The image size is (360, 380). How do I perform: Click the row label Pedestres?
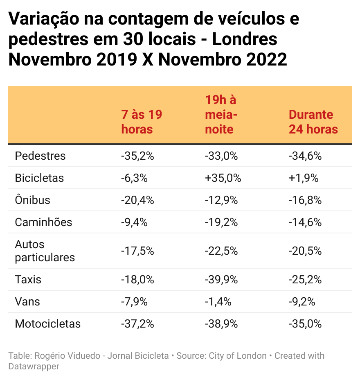[40, 156]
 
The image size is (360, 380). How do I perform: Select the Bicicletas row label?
[39, 178]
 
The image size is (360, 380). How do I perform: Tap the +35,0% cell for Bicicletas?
[223, 178]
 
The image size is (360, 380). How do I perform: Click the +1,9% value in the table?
[303, 178]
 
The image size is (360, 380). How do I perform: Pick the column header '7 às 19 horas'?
[142, 122]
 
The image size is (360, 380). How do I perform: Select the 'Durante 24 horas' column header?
[313, 122]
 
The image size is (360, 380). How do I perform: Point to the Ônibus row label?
[32, 200]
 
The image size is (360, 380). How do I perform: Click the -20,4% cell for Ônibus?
[137, 200]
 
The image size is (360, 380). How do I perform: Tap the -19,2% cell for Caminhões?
[221, 222]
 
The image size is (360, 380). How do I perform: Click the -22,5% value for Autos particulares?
[221, 251]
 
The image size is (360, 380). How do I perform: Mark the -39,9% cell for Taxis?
[221, 280]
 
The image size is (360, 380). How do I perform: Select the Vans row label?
[27, 302]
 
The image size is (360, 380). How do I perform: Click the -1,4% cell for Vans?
[218, 302]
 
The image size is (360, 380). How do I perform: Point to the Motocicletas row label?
[47, 324]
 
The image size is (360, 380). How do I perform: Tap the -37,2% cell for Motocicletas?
[137, 324]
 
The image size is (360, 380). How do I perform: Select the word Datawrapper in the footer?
[34, 366]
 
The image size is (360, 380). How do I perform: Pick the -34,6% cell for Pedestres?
[305, 156]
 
